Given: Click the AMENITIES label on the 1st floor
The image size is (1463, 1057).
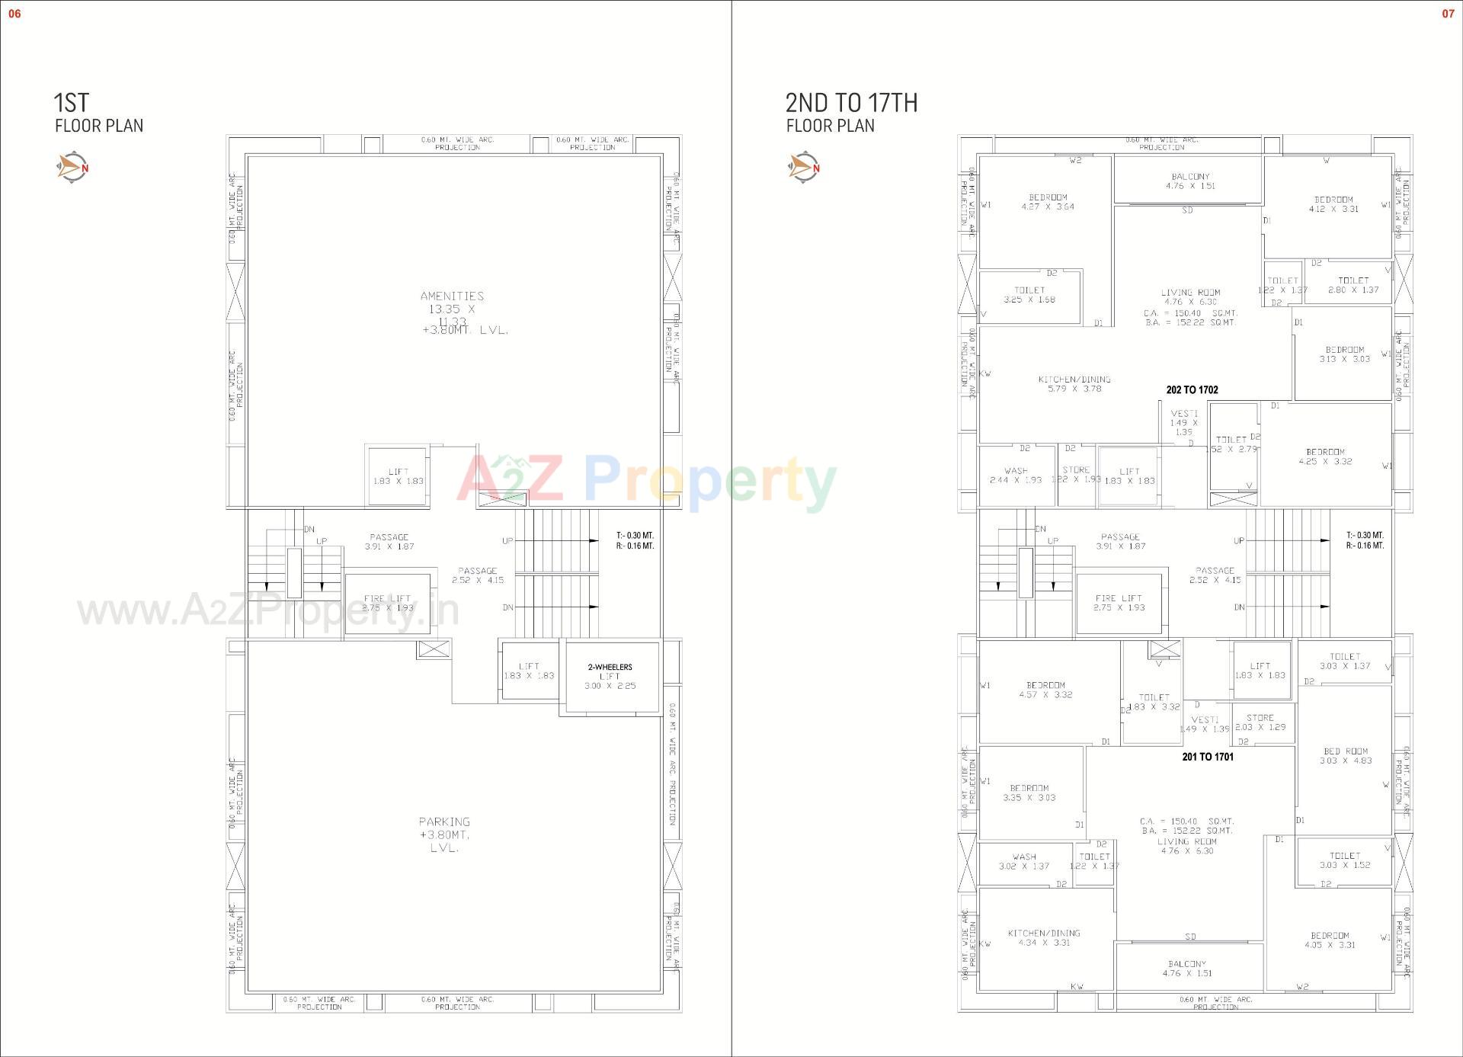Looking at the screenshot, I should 452,296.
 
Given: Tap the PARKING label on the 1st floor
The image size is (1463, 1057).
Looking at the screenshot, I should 444,822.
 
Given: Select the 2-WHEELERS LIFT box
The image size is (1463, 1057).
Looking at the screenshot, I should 610,677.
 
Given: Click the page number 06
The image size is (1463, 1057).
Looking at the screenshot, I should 14,14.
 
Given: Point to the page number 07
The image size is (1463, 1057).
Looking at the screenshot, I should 1448,14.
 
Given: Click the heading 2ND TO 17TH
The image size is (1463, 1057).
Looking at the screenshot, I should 851,103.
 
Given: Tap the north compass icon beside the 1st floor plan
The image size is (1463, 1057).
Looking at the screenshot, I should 73,167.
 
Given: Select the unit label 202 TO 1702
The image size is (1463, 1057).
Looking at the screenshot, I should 1192,390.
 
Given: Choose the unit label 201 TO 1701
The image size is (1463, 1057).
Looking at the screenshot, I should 1208,757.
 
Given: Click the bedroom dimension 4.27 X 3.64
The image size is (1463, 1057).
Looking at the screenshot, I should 1048,207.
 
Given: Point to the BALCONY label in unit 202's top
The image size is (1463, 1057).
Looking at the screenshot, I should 1190,177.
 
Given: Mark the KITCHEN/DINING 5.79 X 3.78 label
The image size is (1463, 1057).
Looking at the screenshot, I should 1074,384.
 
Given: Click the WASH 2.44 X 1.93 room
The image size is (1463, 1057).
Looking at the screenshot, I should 1016,476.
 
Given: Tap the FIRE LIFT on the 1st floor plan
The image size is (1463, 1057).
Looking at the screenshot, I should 387,603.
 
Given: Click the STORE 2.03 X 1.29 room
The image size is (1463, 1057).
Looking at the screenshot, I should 1260,722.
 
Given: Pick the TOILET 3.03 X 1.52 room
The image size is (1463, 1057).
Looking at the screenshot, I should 1344,860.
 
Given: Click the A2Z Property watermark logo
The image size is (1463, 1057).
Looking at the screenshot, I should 646,482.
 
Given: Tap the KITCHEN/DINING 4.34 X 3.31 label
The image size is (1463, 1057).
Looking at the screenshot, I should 1044,938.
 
